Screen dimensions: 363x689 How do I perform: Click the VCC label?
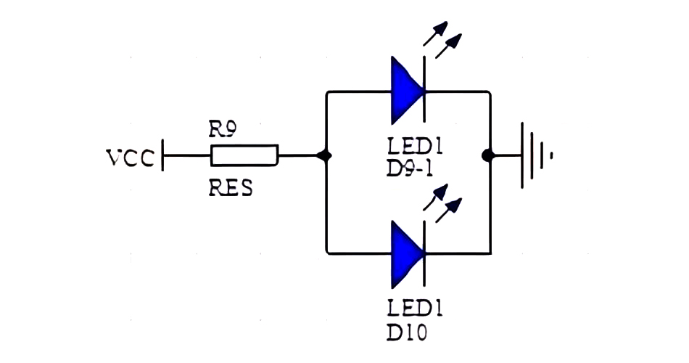[130, 157]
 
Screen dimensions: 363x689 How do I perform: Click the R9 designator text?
[222, 131]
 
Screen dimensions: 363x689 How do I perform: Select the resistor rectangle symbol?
[244, 155]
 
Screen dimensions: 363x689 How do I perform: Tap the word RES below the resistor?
[230, 189]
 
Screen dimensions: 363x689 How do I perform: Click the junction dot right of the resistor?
[326, 155]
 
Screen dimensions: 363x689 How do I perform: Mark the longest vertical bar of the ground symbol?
[524, 155]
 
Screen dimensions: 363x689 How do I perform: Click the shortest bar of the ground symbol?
[552, 155]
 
